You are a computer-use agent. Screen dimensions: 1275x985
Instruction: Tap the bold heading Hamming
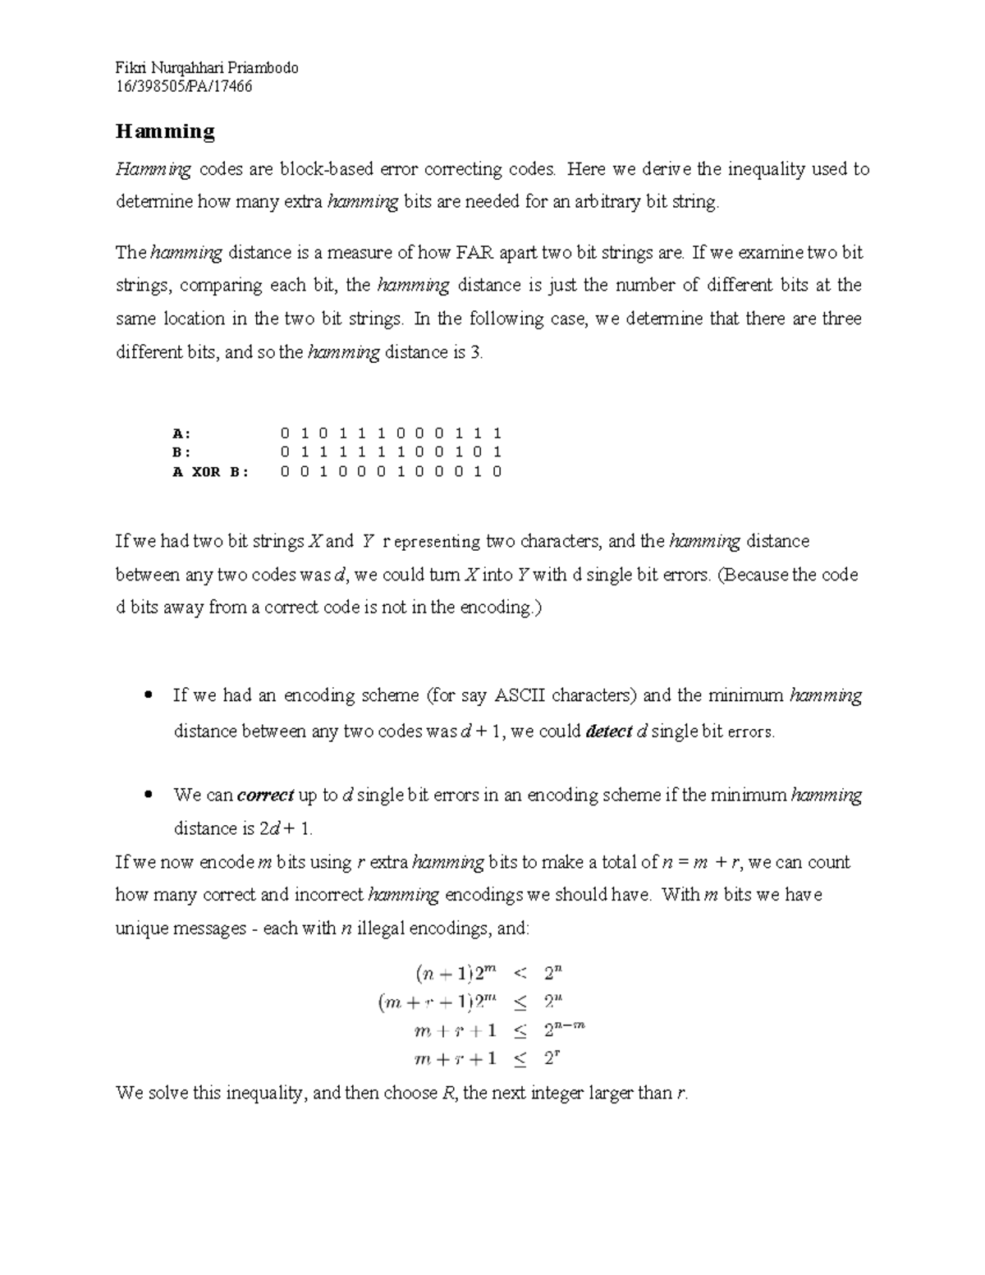165,131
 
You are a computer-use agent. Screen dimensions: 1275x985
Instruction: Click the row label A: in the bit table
181,433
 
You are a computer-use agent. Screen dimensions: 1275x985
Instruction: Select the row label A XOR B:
210,472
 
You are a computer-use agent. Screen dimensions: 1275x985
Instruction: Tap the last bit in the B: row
497,452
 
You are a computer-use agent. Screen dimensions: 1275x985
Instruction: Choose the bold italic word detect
608,732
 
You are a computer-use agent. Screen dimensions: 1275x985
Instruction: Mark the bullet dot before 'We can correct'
149,795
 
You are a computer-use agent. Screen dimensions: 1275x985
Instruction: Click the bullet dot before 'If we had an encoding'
149,695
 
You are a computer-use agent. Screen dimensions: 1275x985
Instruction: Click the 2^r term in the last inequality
552,1058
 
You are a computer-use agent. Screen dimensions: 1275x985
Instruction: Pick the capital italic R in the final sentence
448,1094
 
